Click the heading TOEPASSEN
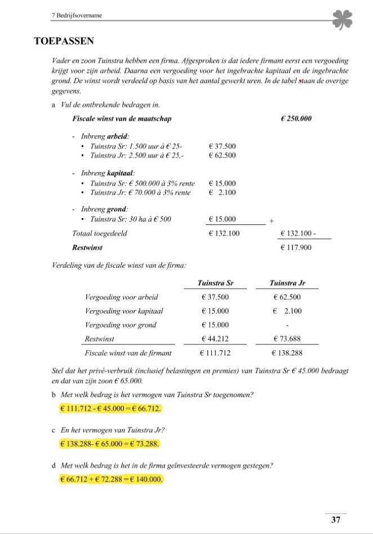coord(64,41)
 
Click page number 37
coord(336,519)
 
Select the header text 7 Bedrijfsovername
coord(76,17)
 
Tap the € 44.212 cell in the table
coord(215,339)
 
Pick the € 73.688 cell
coord(287,339)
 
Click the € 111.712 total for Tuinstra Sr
coord(215,354)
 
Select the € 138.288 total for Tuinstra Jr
coord(287,354)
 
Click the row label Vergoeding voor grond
coord(120,325)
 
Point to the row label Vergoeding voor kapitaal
coord(123,311)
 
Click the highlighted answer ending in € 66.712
coord(110,408)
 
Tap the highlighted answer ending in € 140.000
coord(111,479)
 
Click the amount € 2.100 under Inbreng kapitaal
coord(222,193)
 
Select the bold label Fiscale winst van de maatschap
coord(122,119)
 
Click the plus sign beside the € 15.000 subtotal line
coord(272,221)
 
